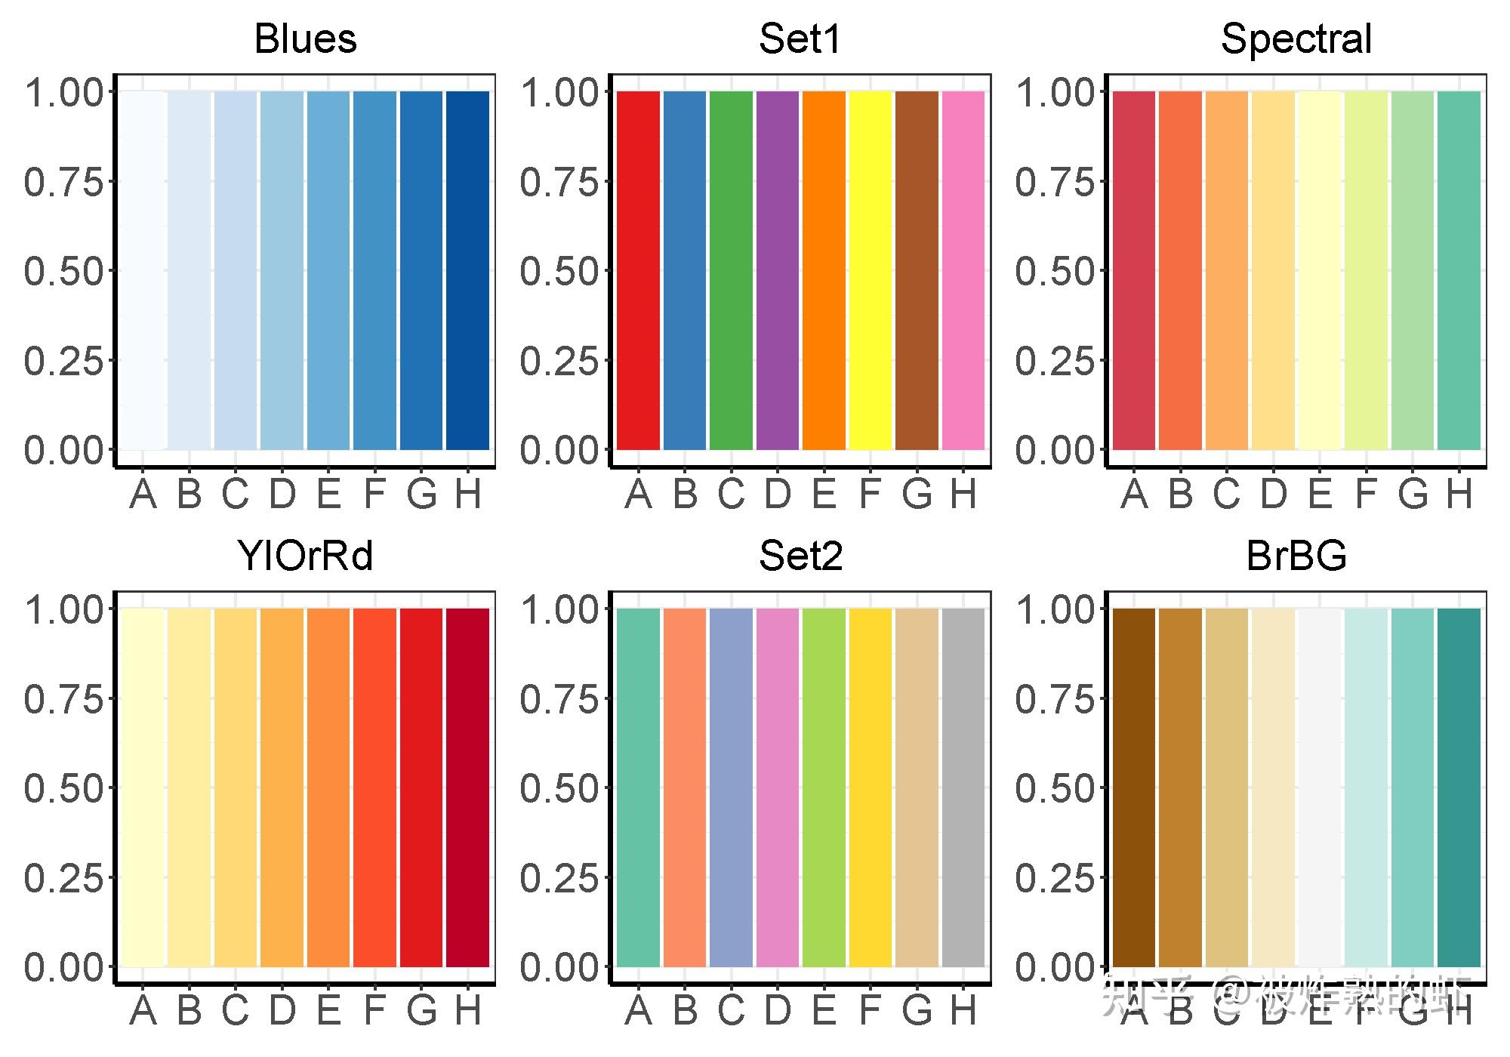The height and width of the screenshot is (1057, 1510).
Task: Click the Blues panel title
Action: [x=305, y=39]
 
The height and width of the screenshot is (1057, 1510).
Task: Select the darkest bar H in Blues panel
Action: [x=467, y=270]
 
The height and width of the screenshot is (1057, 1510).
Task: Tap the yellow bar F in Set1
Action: [x=870, y=270]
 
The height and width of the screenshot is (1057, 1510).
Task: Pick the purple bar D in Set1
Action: [x=777, y=270]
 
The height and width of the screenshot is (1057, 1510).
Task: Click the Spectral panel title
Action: [x=1296, y=39]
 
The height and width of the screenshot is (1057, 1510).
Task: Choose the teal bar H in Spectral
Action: [x=1458, y=270]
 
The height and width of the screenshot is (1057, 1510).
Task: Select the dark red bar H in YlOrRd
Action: [x=467, y=787]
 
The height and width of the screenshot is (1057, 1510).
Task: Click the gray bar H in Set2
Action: [x=963, y=787]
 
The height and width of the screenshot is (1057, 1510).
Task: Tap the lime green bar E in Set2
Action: [x=824, y=787]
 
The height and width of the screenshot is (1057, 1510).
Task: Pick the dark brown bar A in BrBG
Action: [x=1133, y=787]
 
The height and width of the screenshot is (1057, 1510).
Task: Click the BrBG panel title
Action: [x=1296, y=556]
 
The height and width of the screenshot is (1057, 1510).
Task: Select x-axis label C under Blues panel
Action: [x=235, y=495]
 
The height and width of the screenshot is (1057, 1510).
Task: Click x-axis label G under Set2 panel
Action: [x=917, y=1012]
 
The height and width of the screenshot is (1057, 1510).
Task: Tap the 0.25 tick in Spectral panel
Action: [x=1055, y=361]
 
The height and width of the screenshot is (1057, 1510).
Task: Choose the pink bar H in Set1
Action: [x=963, y=270]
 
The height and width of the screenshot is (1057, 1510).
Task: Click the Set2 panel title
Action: [x=800, y=556]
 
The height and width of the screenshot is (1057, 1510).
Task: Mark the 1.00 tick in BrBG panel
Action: [x=1055, y=609]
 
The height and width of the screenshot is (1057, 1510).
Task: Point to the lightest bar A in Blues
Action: [x=143, y=270]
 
